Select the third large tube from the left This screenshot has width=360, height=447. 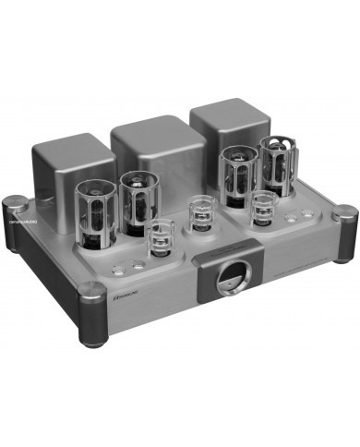(236, 175)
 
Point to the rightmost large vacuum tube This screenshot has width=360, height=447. (276, 165)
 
